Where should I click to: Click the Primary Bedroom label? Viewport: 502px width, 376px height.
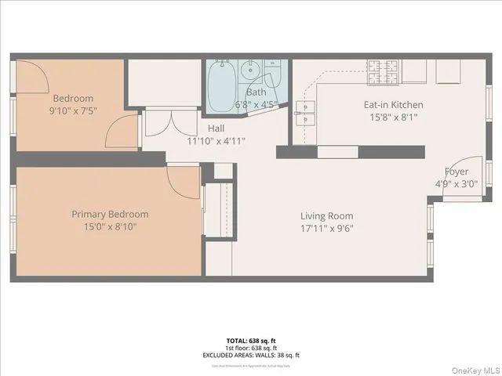(x=110, y=214)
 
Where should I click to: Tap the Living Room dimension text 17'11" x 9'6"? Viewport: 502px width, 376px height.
(x=327, y=229)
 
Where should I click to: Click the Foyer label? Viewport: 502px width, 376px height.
(x=457, y=172)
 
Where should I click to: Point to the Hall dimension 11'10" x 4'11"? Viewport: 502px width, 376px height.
(x=216, y=141)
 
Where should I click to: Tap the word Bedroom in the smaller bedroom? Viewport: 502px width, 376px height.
(x=73, y=98)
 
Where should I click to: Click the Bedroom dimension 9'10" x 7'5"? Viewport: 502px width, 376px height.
(x=73, y=110)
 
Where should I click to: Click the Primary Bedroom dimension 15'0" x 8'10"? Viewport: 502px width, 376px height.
(x=110, y=227)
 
